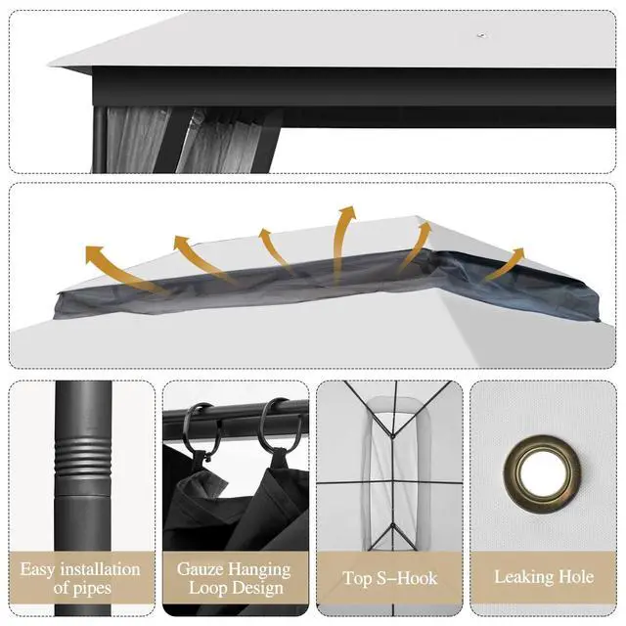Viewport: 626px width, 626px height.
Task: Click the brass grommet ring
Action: tap(542, 446)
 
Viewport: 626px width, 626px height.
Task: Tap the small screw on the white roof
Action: tap(482, 36)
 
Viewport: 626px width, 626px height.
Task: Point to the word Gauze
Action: tap(200, 569)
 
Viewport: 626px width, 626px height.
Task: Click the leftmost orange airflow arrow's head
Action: tap(94, 253)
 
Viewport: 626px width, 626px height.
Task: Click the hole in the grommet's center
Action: tap(542, 473)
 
